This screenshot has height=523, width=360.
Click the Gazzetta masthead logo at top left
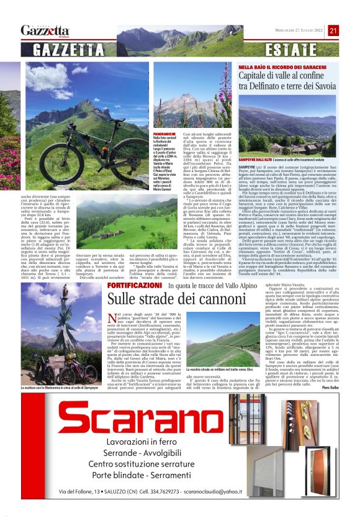[45, 30]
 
